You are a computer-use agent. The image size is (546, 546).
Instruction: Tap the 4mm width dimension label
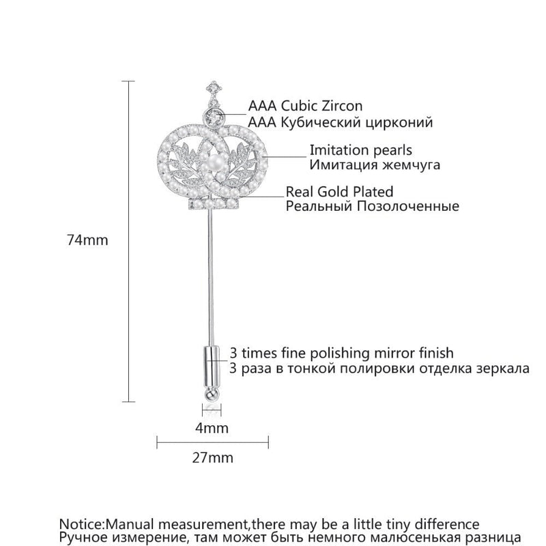[212, 428]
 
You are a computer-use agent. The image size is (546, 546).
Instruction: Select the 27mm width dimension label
[212, 457]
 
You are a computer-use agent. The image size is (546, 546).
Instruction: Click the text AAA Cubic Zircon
[305, 106]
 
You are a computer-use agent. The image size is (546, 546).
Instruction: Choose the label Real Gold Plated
[339, 192]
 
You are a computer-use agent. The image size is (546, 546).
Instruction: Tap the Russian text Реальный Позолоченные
[372, 206]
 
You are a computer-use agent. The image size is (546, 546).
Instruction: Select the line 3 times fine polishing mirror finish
[342, 353]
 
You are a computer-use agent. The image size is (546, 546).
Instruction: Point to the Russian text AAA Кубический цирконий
[341, 122]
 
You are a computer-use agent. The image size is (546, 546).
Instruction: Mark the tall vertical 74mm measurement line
[130, 240]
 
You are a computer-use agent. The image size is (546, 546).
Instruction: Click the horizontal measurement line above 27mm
[212, 442]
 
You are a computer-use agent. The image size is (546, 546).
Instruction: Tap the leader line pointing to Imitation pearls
[287, 156]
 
